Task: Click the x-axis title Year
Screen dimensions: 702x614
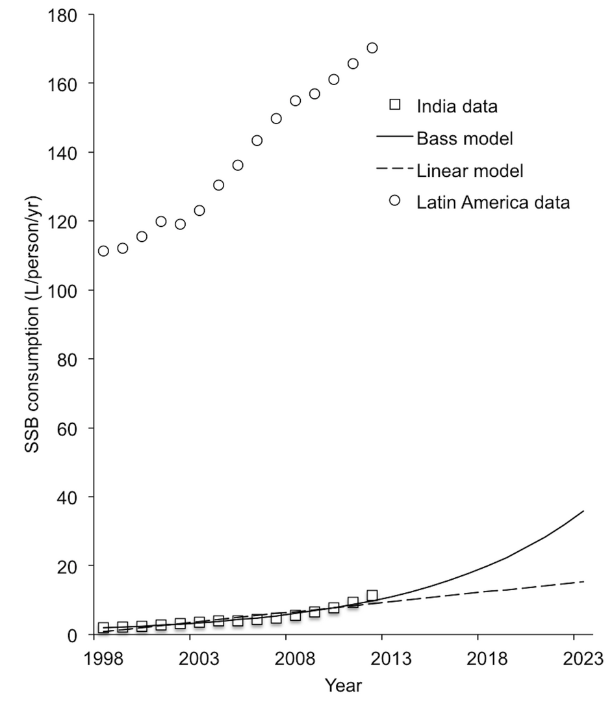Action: click(344, 685)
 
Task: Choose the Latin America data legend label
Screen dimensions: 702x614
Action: click(493, 202)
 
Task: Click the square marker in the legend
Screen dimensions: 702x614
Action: click(394, 104)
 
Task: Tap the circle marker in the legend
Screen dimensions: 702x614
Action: click(394, 200)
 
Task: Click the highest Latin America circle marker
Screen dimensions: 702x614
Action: click(372, 48)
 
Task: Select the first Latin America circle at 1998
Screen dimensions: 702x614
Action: click(103, 251)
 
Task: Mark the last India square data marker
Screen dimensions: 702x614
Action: click(372, 595)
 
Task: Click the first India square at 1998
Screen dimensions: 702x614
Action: click(103, 628)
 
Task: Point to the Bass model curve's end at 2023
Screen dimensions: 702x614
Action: click(583, 512)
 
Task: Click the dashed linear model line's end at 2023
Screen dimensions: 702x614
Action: click(583, 582)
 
